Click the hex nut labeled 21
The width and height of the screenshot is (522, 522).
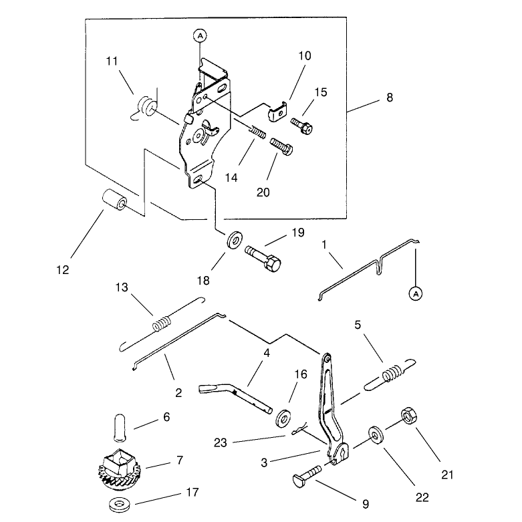[409, 416]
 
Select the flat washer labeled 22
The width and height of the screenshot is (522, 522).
[376, 436]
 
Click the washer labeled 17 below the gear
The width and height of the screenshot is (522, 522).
[120, 505]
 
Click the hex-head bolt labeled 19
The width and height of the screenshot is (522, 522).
[263, 259]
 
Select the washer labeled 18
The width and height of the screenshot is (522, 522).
[235, 239]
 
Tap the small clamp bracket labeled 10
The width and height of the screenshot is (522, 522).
[278, 112]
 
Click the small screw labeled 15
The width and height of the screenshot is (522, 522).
[302, 126]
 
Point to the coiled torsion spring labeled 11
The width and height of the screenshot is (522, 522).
[145, 106]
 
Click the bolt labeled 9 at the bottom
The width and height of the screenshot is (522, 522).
[307, 475]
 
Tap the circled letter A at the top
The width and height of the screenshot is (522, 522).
[200, 35]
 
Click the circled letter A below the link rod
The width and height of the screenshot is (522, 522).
[416, 293]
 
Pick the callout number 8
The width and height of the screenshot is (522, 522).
[390, 98]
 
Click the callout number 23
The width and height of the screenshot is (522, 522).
[220, 442]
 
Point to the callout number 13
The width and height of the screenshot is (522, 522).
[122, 287]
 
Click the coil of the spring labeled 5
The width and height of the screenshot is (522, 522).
[391, 374]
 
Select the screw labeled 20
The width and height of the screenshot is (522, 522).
[281, 146]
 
